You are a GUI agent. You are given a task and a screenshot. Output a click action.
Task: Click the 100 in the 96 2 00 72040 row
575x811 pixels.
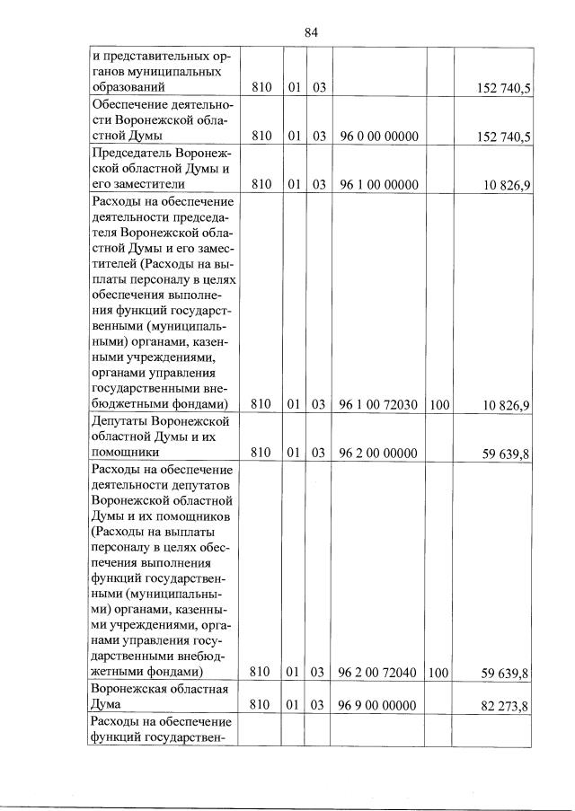(439, 672)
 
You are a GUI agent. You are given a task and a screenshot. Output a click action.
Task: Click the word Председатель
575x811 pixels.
(132, 153)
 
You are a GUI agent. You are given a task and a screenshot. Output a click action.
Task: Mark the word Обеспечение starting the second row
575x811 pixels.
(131, 104)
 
